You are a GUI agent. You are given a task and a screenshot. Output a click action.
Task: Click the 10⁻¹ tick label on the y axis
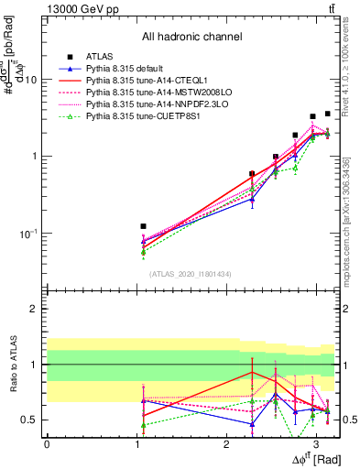(29, 234)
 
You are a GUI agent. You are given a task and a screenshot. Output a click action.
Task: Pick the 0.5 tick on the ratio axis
(31, 420)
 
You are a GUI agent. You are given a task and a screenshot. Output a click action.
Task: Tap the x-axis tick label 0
(47, 443)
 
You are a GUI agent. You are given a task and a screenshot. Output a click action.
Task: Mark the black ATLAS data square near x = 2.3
(252, 173)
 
